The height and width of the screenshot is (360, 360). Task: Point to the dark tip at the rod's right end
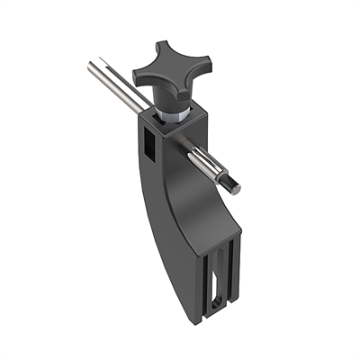point(233,185)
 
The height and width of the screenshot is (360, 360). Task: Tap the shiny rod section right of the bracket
point(212,168)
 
